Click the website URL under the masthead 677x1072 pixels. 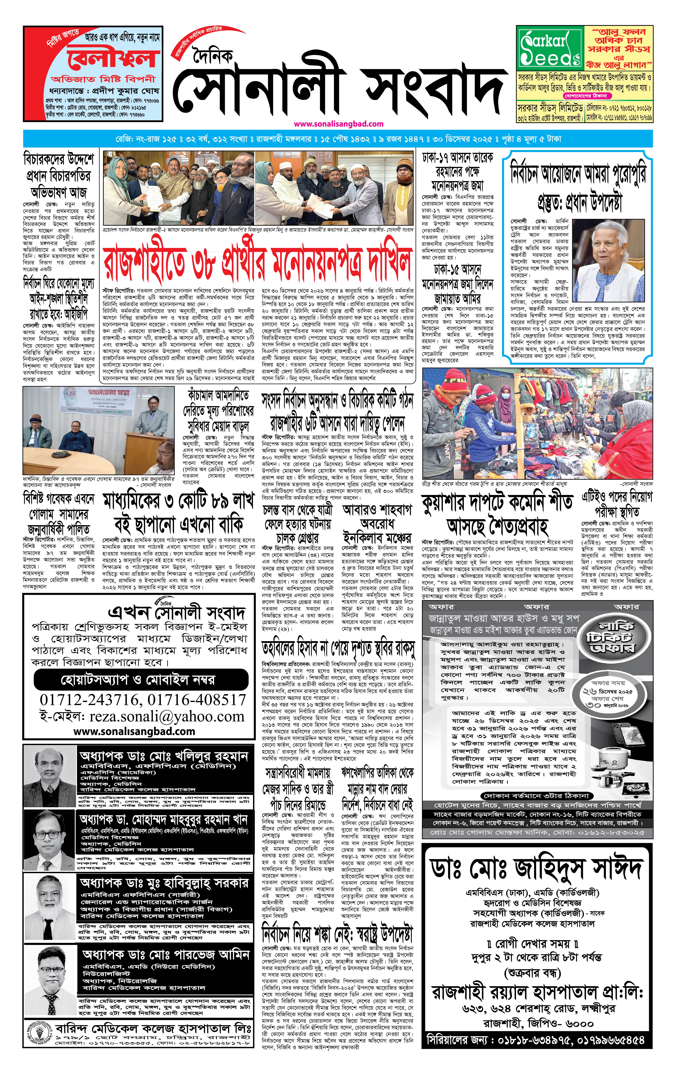(x=338, y=124)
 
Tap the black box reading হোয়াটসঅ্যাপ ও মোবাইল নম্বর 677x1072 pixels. (x=138, y=680)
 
